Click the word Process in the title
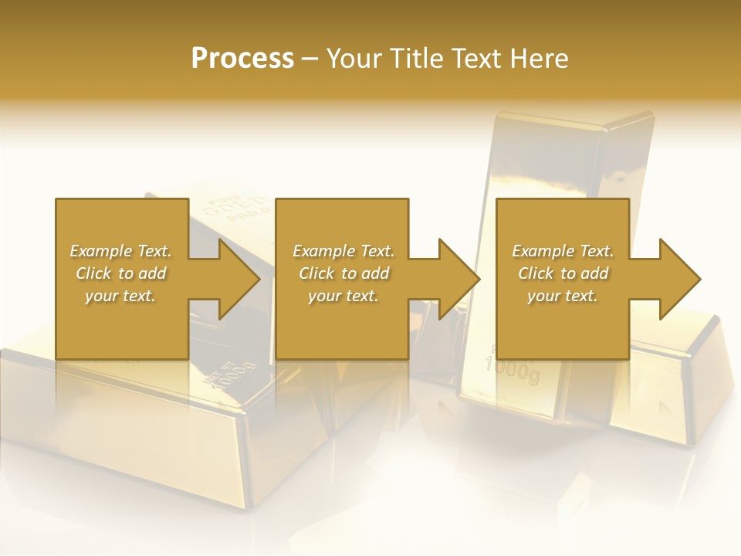pos(242,59)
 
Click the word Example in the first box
pos(101,251)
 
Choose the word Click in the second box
pos(316,273)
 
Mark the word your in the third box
pos(543,296)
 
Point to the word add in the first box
pos(153,273)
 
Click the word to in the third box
pos(568,273)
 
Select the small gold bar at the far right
pos(679,386)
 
